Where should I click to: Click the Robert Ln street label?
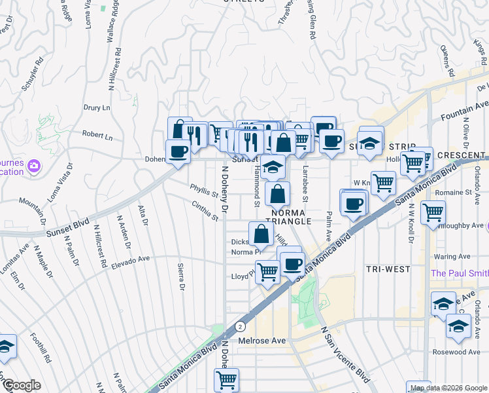[97, 136]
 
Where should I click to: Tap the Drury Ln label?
[97, 107]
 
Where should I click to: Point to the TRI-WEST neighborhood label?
[388, 269]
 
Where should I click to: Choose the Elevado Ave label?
[131, 260]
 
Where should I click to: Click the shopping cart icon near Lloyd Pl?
[267, 271]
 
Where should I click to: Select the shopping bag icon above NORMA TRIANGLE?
[277, 194]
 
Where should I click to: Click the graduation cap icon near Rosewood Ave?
[458, 326]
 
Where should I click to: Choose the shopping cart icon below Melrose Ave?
[226, 379]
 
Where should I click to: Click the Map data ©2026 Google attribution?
[448, 388]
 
